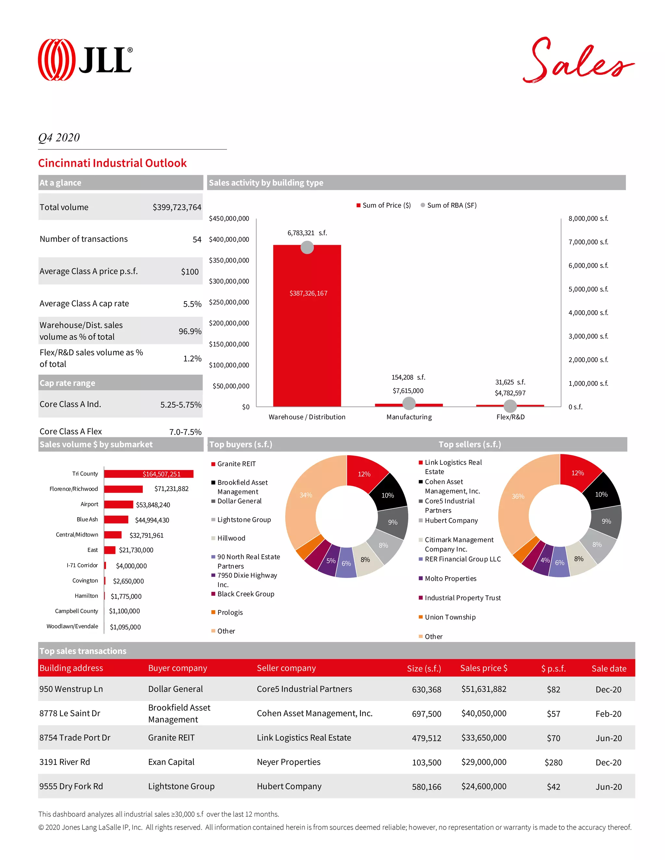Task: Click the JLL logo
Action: click(x=85, y=60)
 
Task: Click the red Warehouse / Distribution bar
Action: click(x=307, y=327)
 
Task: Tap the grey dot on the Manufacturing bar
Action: click(x=409, y=403)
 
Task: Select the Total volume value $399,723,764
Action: click(x=177, y=207)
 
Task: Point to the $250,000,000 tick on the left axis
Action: click(x=229, y=302)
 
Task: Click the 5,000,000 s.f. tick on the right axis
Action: click(x=588, y=289)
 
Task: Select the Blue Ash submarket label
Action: click(x=87, y=519)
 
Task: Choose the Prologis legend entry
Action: click(x=230, y=612)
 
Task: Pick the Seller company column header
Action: click(x=286, y=668)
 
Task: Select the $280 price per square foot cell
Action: click(x=553, y=762)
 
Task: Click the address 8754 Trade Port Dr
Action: click(x=75, y=738)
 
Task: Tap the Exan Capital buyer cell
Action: click(x=171, y=762)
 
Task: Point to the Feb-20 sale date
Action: click(x=608, y=714)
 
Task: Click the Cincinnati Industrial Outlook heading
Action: click(x=112, y=163)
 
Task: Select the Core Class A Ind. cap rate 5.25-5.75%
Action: click(x=181, y=404)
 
